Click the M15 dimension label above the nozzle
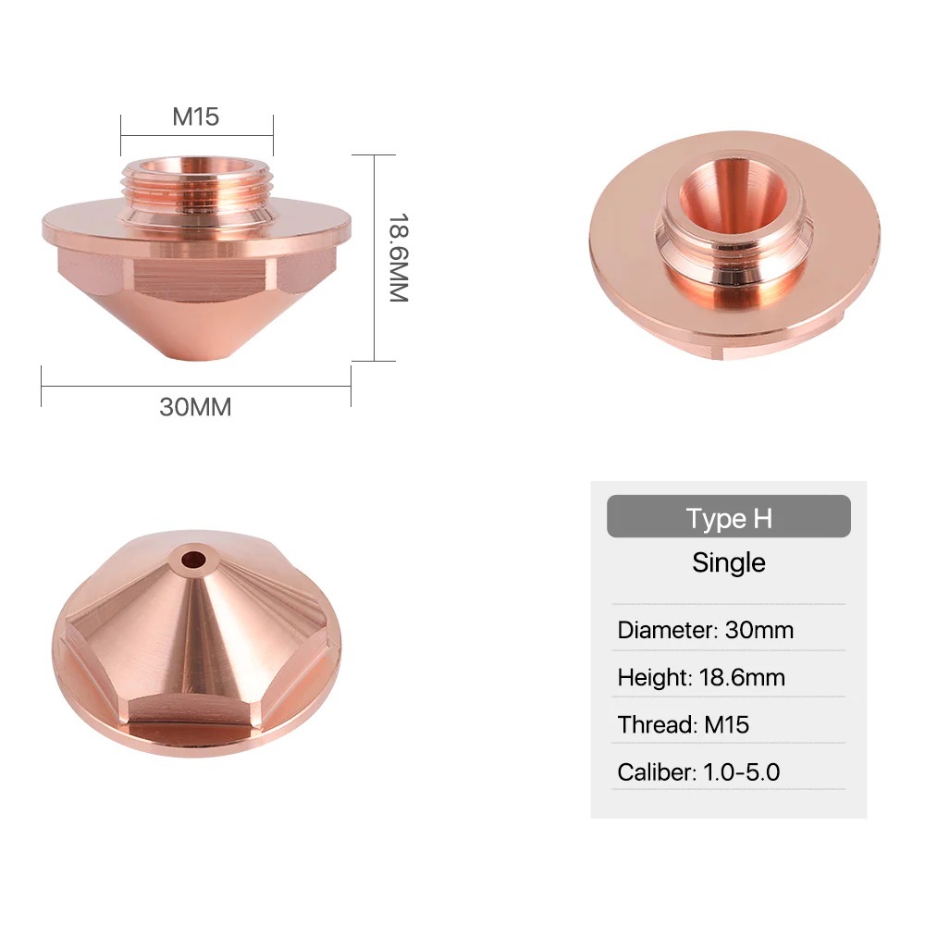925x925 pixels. (x=195, y=117)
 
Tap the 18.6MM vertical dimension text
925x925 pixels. (x=397, y=258)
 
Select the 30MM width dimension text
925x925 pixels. (x=195, y=407)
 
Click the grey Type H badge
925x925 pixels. (x=728, y=517)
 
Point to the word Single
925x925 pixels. (x=728, y=562)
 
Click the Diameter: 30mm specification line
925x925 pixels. (x=705, y=631)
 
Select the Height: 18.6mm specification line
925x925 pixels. (x=700, y=677)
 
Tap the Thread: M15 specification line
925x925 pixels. (x=683, y=724)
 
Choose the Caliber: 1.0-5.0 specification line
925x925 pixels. (x=698, y=771)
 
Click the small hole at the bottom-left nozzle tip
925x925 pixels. (x=193, y=559)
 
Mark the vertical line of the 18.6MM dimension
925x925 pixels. (x=375, y=258)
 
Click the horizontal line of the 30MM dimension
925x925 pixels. (x=195, y=385)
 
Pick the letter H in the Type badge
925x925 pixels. (x=761, y=518)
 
